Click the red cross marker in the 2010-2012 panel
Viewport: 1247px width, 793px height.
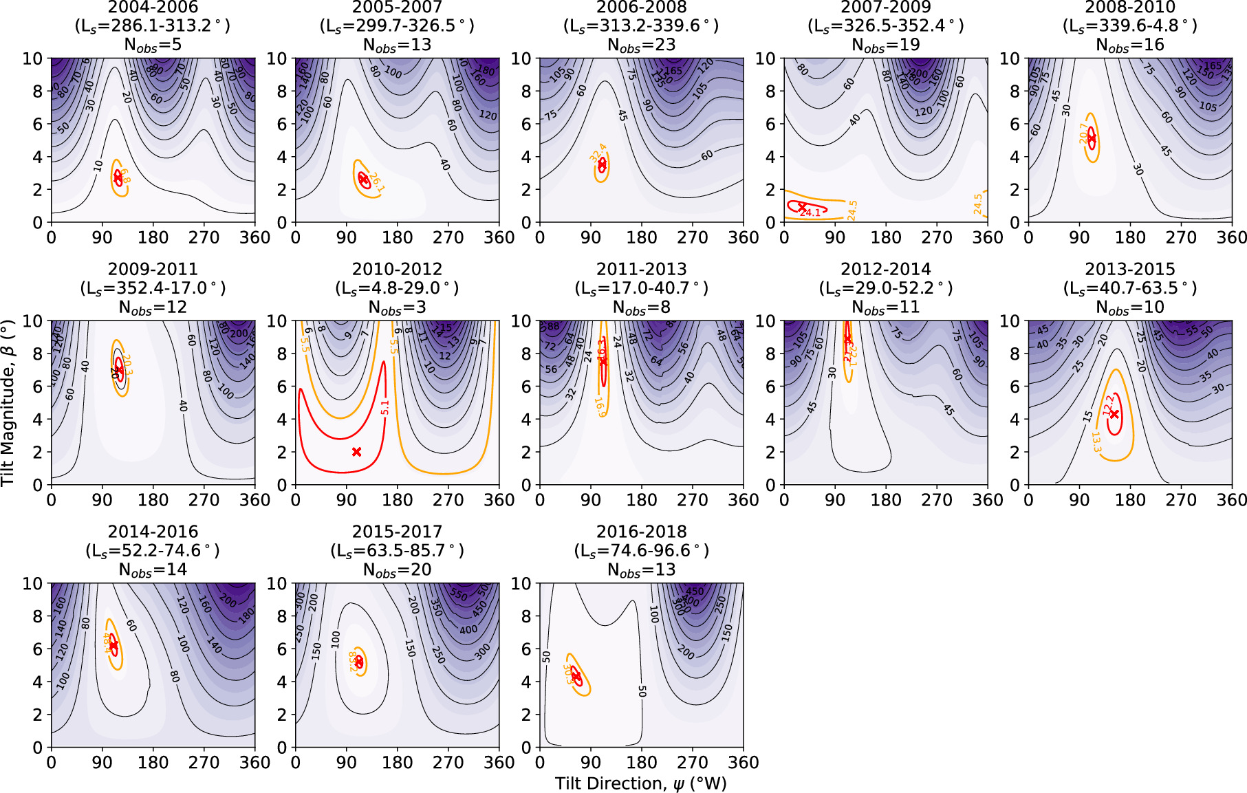tap(356, 452)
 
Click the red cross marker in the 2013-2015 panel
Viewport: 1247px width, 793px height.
tap(1114, 414)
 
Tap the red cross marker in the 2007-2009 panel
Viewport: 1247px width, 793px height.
tap(801, 206)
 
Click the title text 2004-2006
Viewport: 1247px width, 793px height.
tap(153, 8)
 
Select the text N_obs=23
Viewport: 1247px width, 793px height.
tap(641, 45)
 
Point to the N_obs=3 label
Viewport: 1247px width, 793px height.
tap(397, 307)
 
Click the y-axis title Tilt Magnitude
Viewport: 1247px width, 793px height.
tap(8, 402)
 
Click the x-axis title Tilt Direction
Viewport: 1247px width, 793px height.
tap(641, 783)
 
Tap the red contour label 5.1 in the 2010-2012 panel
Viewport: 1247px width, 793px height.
tap(384, 407)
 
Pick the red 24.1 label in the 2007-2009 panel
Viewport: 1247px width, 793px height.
tap(810, 213)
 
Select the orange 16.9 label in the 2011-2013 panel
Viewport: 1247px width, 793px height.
tap(600, 406)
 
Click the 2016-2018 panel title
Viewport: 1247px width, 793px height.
tap(641, 532)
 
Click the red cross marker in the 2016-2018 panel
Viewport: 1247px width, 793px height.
tap(576, 677)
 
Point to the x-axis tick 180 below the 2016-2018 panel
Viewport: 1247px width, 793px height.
tap(641, 762)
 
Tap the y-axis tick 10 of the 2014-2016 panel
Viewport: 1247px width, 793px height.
tap(32, 584)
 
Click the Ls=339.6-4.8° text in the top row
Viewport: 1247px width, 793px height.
tap(1129, 26)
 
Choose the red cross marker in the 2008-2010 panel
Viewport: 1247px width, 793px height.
tap(1091, 138)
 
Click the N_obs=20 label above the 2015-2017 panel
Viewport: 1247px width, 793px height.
tap(397, 570)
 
